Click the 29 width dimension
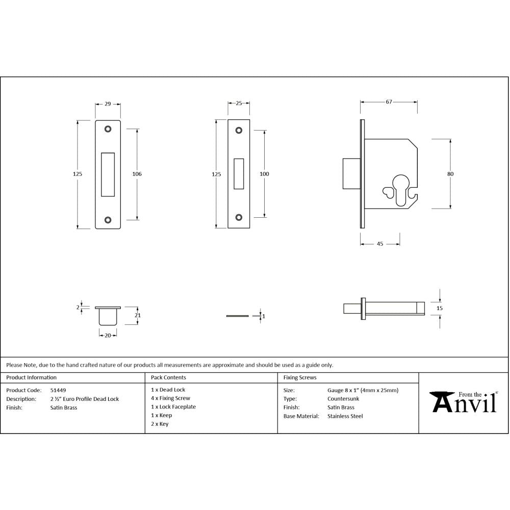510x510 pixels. pyautogui.click(x=108, y=104)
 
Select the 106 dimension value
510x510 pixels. pyautogui.click(x=137, y=174)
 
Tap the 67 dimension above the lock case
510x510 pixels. pyautogui.click(x=389, y=102)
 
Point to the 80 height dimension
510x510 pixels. pyautogui.click(x=450, y=174)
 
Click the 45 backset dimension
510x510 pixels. pyautogui.click(x=380, y=244)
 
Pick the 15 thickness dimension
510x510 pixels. pyautogui.click(x=440, y=308)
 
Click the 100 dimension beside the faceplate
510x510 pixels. pyautogui.click(x=264, y=174)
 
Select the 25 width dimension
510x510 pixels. pyautogui.click(x=239, y=104)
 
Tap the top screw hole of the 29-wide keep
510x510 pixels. pyautogui.click(x=108, y=129)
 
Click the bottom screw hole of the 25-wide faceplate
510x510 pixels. pyautogui.click(x=239, y=217)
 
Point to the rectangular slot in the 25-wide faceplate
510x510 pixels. pyautogui.click(x=239, y=174)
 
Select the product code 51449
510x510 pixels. pyautogui.click(x=58, y=390)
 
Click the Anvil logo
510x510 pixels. pyautogui.click(x=464, y=402)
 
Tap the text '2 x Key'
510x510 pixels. pyautogui.click(x=160, y=424)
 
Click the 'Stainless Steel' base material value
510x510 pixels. pyautogui.click(x=345, y=416)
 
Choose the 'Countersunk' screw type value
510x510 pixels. pyautogui.click(x=343, y=399)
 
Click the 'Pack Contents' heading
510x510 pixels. pyautogui.click(x=168, y=378)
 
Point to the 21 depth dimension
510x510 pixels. pyautogui.click(x=137, y=316)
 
